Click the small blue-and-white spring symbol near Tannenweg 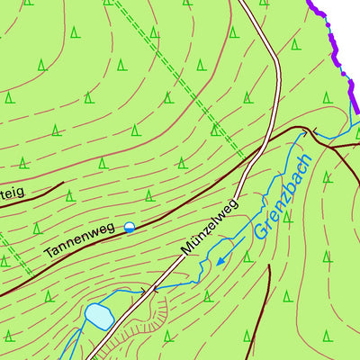pyautogui.click(x=130, y=228)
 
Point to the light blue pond pyautogui.click(x=98, y=317)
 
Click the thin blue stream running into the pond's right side pyautogui.click(x=126, y=296)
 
